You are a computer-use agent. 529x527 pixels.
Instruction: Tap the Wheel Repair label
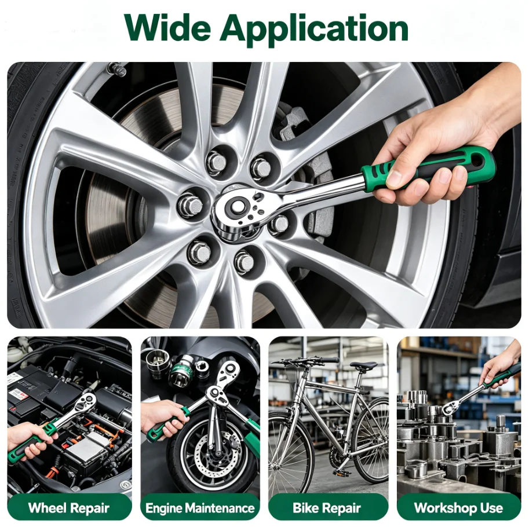pos(69,508)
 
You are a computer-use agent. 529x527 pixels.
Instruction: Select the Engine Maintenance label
pos(200,508)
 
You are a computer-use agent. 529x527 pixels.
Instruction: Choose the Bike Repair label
pos(327,508)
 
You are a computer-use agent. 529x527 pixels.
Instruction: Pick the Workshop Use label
pos(458,508)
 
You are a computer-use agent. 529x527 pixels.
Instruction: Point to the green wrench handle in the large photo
pos(427,169)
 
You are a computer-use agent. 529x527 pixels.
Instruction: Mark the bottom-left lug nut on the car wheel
pos(199,251)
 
